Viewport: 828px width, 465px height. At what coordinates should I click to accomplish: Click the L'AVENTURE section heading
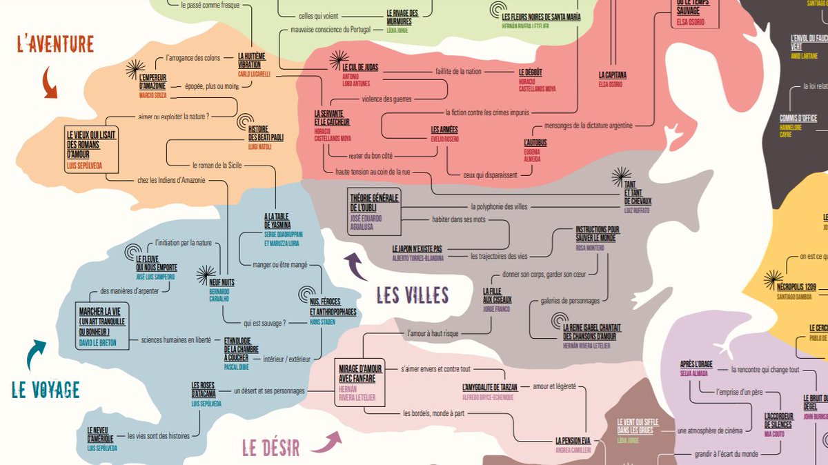(55, 45)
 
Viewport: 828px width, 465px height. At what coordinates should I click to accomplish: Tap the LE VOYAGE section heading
(46, 390)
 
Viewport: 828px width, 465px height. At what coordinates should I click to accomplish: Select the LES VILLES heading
(413, 296)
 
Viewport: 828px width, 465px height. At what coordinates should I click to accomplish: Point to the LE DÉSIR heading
(271, 448)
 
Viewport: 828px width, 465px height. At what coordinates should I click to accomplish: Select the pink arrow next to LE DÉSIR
(326, 442)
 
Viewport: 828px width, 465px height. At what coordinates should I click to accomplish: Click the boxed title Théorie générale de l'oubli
(375, 202)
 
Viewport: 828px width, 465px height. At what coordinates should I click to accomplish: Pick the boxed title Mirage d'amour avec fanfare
(360, 373)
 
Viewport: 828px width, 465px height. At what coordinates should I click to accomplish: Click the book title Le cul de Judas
(360, 68)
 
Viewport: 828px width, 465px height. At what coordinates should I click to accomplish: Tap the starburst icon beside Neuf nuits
(206, 275)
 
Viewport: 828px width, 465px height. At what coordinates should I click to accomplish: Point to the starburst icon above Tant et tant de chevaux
(622, 175)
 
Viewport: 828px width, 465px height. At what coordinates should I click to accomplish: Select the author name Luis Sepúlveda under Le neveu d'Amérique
(102, 448)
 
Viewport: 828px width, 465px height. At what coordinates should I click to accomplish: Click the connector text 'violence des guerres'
(386, 99)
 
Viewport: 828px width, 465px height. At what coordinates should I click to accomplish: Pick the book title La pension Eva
(573, 440)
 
